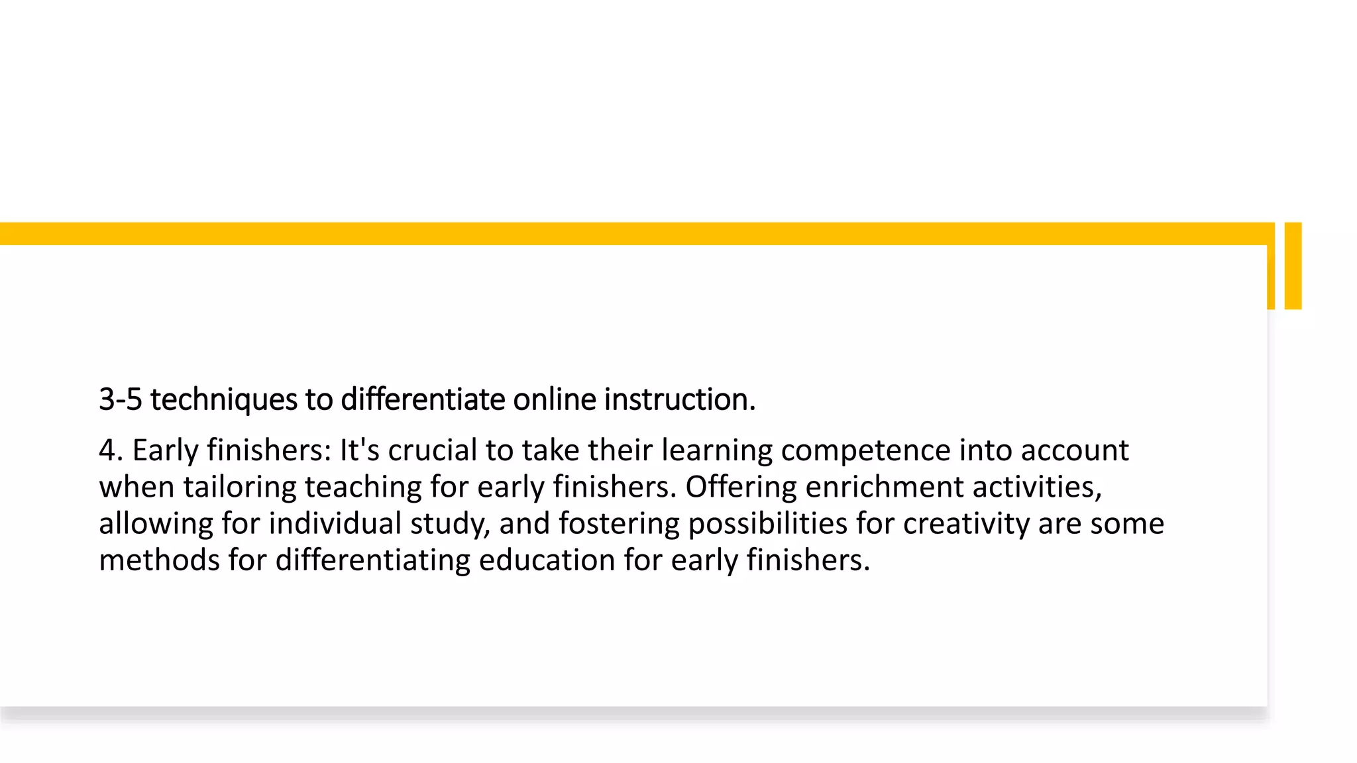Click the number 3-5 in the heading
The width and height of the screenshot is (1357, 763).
click(x=120, y=399)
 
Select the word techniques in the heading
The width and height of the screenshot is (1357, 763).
click(x=223, y=399)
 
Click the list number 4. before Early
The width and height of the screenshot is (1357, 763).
click(x=111, y=450)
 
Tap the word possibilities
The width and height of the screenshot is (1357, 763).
click(x=767, y=524)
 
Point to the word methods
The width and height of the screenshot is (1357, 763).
click(x=159, y=560)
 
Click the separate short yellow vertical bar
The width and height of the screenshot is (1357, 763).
click(x=1293, y=266)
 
